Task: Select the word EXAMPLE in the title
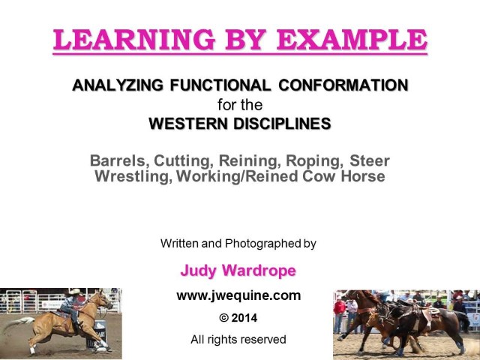(352, 40)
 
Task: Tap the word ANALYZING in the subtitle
(118, 85)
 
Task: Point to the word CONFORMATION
(343, 85)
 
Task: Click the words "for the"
(240, 105)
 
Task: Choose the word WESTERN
(188, 124)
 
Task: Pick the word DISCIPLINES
(282, 124)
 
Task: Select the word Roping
(314, 160)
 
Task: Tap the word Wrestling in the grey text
(133, 176)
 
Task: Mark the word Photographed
(263, 243)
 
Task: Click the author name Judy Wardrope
(238, 271)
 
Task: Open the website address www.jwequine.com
(238, 295)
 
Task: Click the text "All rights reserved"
(238, 340)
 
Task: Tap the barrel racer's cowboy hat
(74, 292)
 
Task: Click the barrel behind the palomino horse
(98, 334)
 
